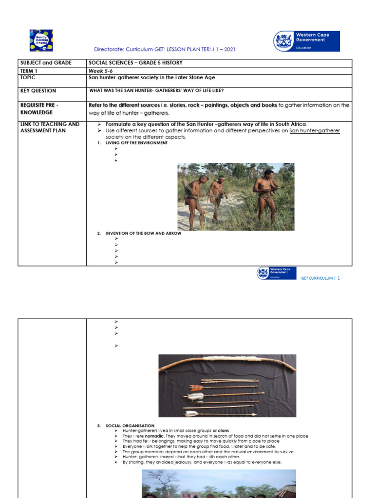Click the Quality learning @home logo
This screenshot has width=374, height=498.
41,40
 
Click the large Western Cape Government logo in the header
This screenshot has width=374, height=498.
306,41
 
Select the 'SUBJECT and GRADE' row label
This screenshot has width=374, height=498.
46,63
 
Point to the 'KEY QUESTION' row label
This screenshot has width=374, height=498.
38,90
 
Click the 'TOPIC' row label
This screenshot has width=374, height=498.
28,77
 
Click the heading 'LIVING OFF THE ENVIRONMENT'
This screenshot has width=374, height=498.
136,143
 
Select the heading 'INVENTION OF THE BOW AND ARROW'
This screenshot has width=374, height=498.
143,233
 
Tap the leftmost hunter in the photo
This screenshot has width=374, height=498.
196,200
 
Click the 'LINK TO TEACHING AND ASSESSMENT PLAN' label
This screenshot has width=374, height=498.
50,127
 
